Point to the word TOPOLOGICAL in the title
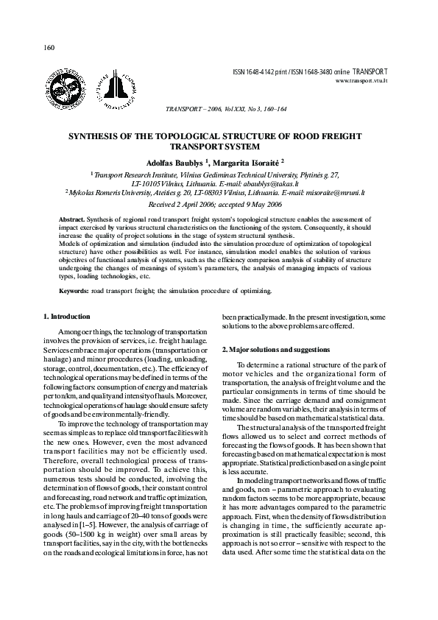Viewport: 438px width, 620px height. tap(199, 137)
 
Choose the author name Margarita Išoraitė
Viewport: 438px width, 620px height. tap(246, 161)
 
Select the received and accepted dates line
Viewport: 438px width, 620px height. tap(219, 204)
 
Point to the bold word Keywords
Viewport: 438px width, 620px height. tap(74, 291)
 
